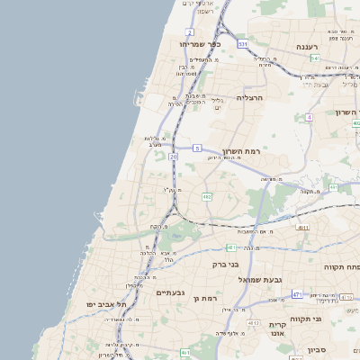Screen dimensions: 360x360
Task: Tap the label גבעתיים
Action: coord(169,293)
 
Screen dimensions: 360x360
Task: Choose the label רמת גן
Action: coord(206,298)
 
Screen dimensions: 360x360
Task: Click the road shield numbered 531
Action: coord(243,42)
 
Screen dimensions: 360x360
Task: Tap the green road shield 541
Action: coord(315,58)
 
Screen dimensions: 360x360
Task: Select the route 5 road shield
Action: coord(197,147)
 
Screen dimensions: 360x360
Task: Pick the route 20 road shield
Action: coord(173,157)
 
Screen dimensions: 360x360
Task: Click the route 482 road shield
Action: coord(207,196)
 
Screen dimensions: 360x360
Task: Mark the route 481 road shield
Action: coord(231,247)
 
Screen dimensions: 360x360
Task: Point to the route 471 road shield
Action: coord(296,294)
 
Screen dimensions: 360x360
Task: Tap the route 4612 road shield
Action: coord(254,323)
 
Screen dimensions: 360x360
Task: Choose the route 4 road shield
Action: coord(310,118)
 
